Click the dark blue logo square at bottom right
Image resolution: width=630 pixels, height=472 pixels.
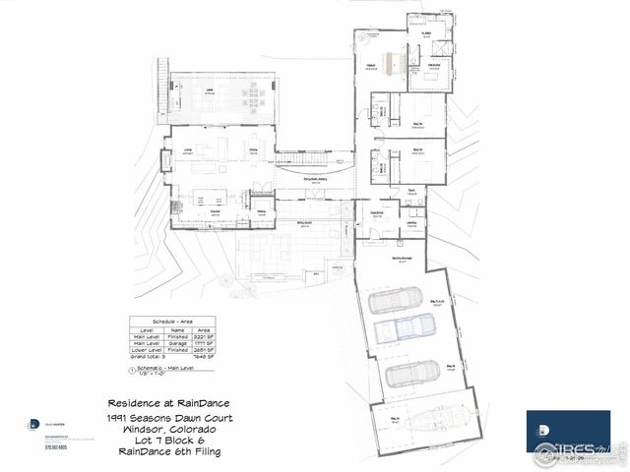coord(567,432)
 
